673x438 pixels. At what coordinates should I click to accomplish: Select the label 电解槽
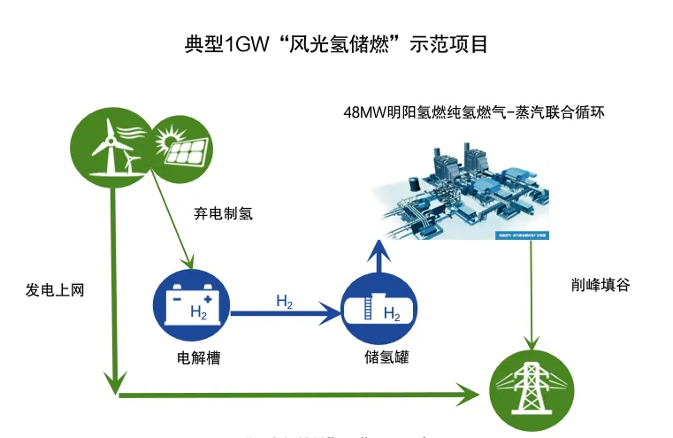(198, 358)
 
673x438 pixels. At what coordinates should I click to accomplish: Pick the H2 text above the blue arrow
(284, 302)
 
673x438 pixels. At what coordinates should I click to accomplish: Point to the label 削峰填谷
(601, 286)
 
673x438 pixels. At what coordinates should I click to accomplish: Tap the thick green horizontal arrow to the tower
(301, 392)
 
